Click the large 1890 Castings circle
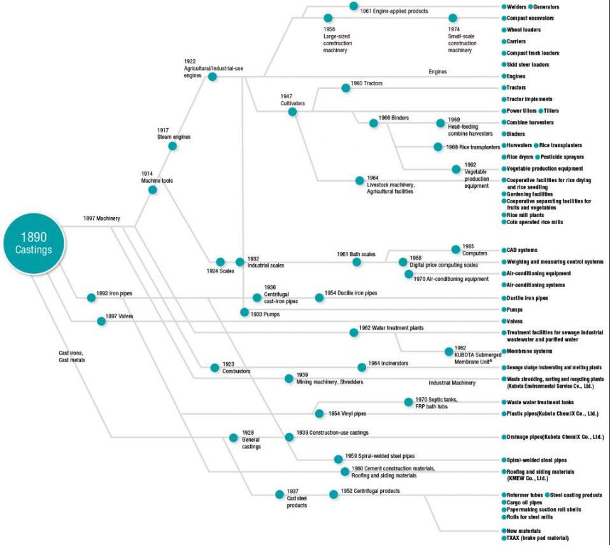point(34,243)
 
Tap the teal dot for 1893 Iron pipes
point(91,297)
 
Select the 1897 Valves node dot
point(101,321)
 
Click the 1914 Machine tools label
point(157,177)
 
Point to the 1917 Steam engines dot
point(173,146)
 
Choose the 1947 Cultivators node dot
point(292,111)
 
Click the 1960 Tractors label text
point(367,83)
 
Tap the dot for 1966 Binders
point(373,123)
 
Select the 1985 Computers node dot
point(455,249)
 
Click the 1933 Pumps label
point(265,314)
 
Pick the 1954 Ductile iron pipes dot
point(319,297)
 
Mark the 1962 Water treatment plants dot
point(353,332)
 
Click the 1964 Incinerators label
point(388,363)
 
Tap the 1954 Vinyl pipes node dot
point(319,413)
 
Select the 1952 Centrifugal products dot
point(334,494)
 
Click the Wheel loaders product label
point(523,29)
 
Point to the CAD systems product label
point(521,250)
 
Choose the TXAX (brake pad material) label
point(537,538)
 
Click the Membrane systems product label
point(529,351)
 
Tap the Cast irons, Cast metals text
point(71,357)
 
